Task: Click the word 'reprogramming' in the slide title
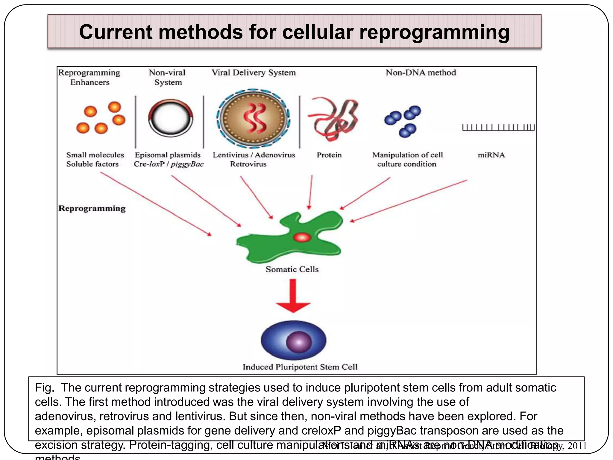434,32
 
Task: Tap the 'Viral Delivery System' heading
254,73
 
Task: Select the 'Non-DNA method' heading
421,73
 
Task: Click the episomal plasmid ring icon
171,118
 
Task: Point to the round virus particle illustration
253,119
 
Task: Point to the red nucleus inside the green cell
302,237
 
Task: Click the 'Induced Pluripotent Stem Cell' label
300,367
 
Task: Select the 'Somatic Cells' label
292,269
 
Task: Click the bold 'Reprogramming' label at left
92,208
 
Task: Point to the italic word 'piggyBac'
187,164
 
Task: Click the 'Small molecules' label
95,155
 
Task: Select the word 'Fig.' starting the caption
45,388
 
